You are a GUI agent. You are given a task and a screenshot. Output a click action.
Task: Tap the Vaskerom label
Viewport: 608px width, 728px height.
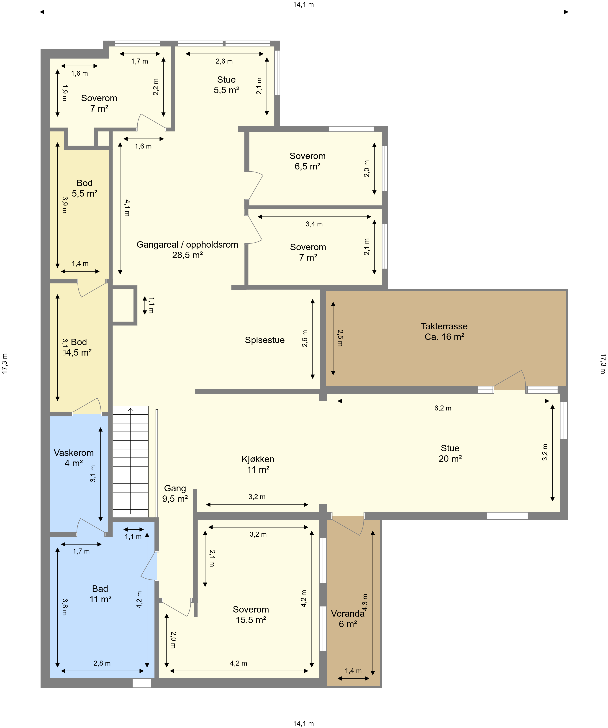pyautogui.click(x=74, y=458)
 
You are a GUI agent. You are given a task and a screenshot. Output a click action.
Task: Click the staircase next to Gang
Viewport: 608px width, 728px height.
pyautogui.click(x=131, y=462)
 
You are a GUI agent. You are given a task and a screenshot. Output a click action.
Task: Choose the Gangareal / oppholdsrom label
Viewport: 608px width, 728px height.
pyautogui.click(x=187, y=250)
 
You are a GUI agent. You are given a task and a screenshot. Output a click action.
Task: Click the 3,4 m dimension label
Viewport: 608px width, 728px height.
pyautogui.click(x=314, y=224)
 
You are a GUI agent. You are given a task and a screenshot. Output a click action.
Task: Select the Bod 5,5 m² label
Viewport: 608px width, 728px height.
pyautogui.click(x=85, y=188)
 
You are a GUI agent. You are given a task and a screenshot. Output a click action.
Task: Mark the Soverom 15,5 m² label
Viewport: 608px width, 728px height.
pyautogui.click(x=251, y=615)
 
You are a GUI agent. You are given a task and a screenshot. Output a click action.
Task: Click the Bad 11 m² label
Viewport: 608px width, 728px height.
pyautogui.click(x=100, y=594)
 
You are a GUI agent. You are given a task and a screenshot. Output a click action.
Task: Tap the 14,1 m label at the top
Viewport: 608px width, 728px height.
pyautogui.click(x=304, y=5)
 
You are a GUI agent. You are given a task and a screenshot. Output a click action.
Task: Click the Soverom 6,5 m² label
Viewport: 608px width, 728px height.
pyautogui.click(x=308, y=161)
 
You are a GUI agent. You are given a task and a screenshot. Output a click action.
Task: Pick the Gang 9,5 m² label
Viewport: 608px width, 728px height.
pyautogui.click(x=175, y=493)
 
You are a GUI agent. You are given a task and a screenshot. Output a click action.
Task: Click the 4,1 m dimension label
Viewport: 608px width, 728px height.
pyautogui.click(x=127, y=208)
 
